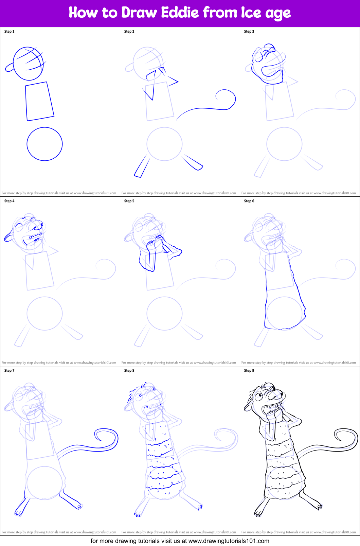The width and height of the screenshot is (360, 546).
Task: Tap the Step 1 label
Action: pyautogui.click(x=9, y=31)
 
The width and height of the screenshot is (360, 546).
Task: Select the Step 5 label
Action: pyautogui.click(x=129, y=201)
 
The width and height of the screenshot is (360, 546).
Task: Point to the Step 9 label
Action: pyautogui.click(x=249, y=370)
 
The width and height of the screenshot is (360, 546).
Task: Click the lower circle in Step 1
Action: pyautogui.click(x=44, y=144)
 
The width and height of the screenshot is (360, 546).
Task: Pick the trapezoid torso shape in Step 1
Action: pyautogui.click(x=39, y=101)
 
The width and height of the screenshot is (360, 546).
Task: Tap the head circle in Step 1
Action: pyautogui.click(x=29, y=64)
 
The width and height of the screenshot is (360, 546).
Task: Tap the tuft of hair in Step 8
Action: pyautogui.click(x=143, y=386)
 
